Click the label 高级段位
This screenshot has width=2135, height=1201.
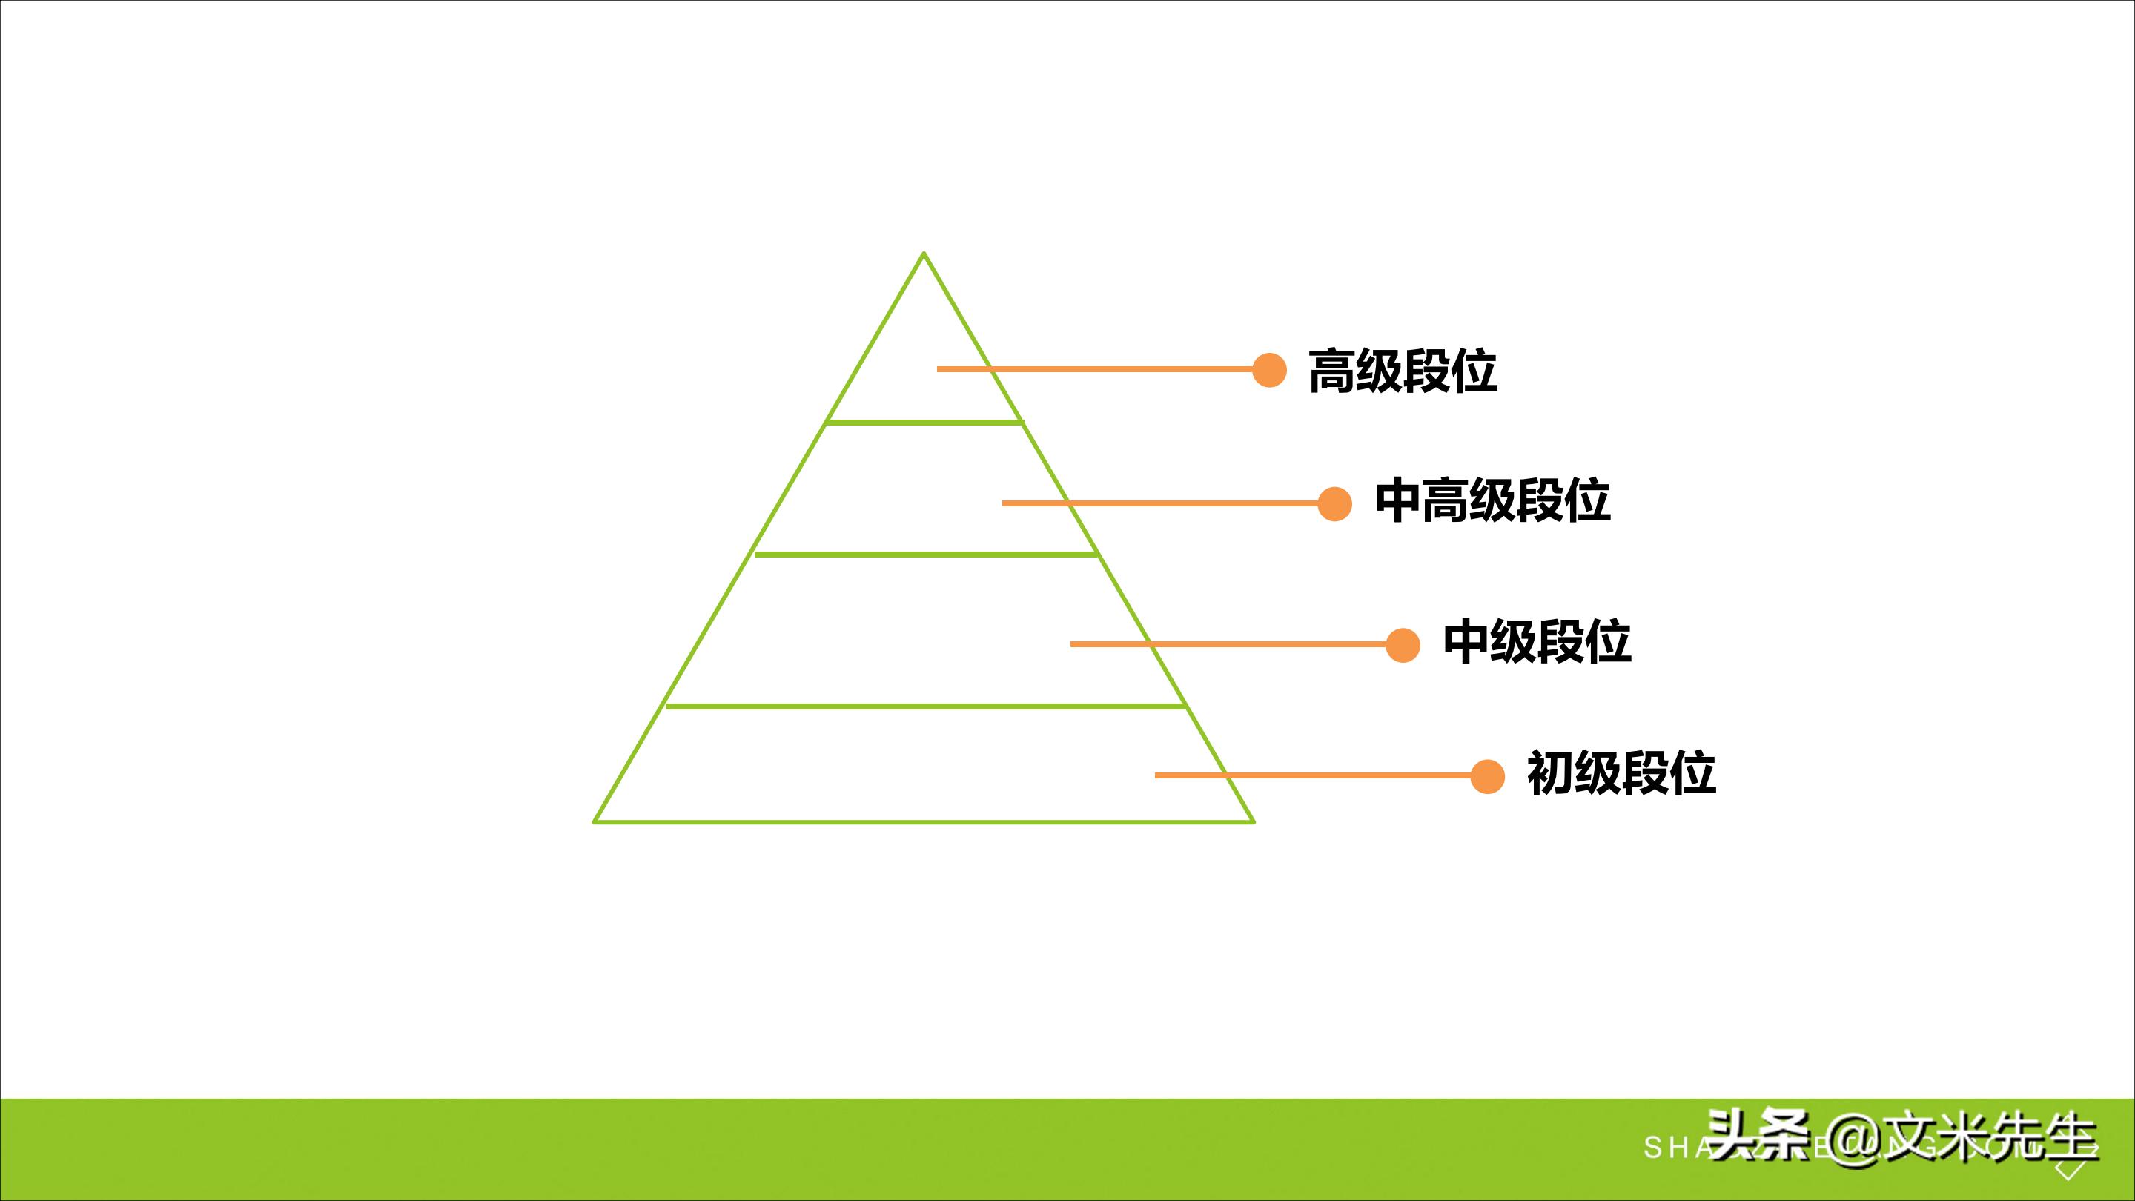pos(1403,371)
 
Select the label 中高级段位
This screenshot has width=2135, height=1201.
pos(1492,501)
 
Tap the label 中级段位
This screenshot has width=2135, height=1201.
pos(1537,642)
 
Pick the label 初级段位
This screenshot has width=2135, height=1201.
pos(1621,774)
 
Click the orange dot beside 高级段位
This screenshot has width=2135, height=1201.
pos(1269,370)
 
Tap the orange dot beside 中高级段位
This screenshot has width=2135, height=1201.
pos(1334,503)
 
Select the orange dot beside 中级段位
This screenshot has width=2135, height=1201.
pos(1403,644)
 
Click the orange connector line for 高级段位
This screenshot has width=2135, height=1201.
pos(1094,370)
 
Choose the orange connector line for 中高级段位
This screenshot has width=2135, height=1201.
pos(1160,503)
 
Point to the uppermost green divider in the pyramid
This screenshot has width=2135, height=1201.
pos(924,423)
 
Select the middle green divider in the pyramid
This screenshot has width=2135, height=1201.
pos(924,555)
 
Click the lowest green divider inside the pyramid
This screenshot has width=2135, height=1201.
pos(924,707)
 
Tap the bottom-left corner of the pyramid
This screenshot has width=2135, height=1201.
pos(596,821)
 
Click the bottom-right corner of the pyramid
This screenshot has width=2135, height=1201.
pos(1252,821)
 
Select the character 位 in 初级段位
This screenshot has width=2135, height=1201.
pos(1691,774)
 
